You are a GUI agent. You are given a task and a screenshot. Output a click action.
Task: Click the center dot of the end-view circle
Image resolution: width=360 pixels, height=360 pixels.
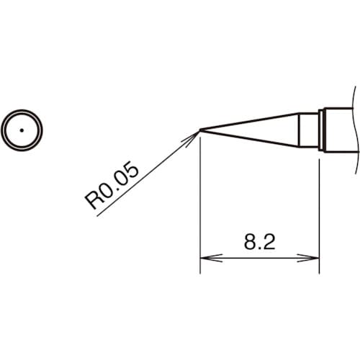coord(22,130)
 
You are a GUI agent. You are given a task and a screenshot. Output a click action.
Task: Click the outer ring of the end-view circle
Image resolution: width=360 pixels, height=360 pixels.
coord(22,113)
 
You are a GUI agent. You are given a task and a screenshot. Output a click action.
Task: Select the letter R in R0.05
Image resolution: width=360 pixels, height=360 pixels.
coord(94,202)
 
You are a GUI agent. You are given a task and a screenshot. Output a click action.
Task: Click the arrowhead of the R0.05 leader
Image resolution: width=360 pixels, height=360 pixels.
coord(194,134)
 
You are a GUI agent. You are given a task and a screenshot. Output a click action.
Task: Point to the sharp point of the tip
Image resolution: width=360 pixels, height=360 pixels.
coord(200,130)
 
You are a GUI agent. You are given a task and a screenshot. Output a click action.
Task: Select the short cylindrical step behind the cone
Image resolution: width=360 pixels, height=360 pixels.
coord(308,130)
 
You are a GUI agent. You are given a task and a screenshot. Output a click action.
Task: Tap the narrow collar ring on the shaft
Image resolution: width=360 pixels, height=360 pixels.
coord(322,130)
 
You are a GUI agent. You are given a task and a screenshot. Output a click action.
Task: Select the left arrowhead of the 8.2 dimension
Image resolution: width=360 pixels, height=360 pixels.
coord(205,256)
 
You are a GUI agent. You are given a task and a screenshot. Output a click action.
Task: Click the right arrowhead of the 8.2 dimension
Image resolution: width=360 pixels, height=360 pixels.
coord(313,256)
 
